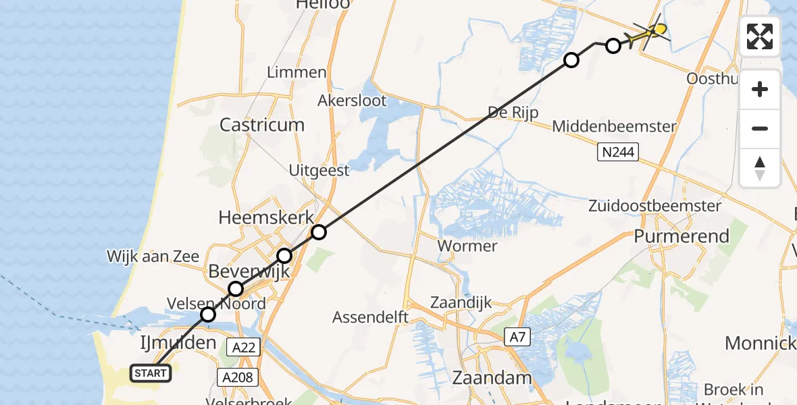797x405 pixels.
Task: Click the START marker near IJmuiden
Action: pyautogui.click(x=150, y=373)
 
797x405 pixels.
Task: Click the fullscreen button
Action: pyautogui.click(x=760, y=36)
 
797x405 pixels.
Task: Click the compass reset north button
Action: pyautogui.click(x=760, y=168)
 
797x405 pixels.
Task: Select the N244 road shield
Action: pyautogui.click(x=617, y=153)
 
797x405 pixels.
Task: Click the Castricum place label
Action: pyautogui.click(x=262, y=125)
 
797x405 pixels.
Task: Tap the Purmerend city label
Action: pyautogui.click(x=682, y=236)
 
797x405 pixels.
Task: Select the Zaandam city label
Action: pyautogui.click(x=492, y=377)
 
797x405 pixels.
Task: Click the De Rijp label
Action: pyautogui.click(x=514, y=112)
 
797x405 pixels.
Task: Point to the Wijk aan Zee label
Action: pyautogui.click(x=153, y=256)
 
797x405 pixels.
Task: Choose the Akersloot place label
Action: pyautogui.click(x=352, y=101)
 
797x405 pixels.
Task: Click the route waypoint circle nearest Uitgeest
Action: pyautogui.click(x=319, y=232)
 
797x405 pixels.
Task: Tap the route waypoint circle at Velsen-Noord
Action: pyautogui.click(x=208, y=315)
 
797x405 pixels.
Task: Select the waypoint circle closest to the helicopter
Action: pyautogui.click(x=613, y=46)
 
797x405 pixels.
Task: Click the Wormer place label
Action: pyautogui.click(x=467, y=246)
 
